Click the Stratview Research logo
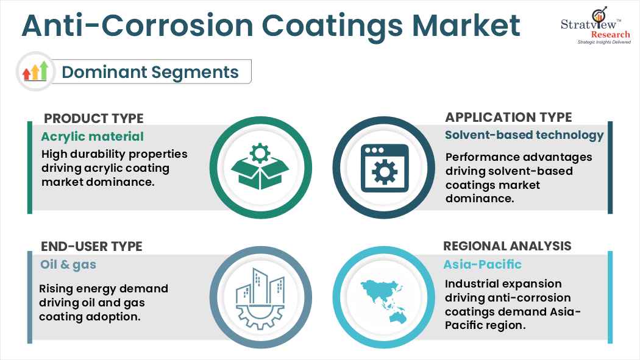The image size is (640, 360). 595,27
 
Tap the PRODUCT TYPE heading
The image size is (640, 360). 94,118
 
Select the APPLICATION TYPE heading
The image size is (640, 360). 508,117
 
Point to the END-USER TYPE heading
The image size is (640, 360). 91,246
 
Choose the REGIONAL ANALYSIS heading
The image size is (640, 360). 507,246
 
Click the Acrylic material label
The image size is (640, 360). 92,136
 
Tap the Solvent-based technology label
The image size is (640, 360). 524,135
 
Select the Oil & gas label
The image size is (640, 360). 68,264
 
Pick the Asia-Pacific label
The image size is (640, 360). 483,264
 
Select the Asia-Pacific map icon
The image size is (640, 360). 384,296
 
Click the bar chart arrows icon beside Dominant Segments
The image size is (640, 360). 35,72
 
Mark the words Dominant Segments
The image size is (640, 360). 150,72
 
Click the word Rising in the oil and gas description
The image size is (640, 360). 58,289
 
